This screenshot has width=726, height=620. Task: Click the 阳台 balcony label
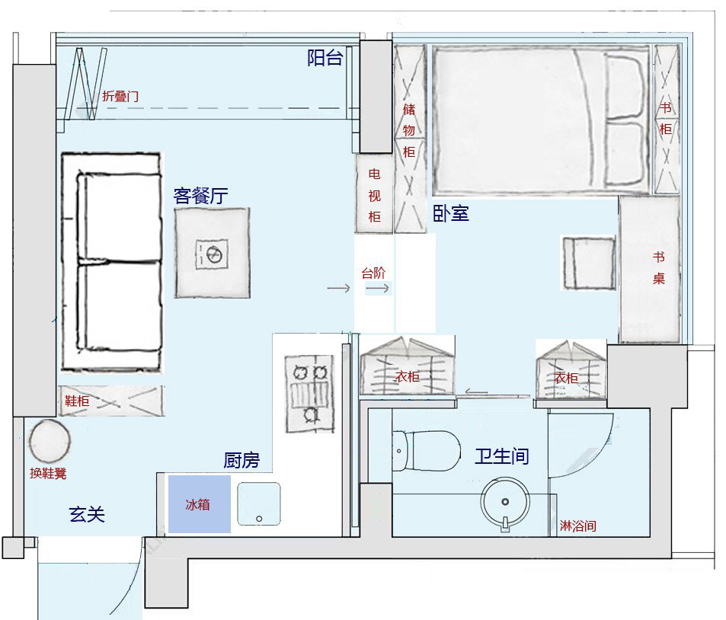pyautogui.click(x=325, y=58)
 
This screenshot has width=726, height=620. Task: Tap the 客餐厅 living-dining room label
pyautogui.click(x=200, y=196)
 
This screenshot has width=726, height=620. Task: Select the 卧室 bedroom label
pyautogui.click(x=451, y=213)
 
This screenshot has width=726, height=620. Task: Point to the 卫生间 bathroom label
pyautogui.click(x=502, y=456)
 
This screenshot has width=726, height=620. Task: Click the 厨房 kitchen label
pyautogui.click(x=241, y=460)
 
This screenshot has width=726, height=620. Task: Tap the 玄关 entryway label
pyautogui.click(x=87, y=514)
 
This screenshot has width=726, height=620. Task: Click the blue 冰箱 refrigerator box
pyautogui.click(x=199, y=504)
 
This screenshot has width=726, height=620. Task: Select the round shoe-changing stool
pyautogui.click(x=50, y=440)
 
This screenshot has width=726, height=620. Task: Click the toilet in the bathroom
pyautogui.click(x=427, y=451)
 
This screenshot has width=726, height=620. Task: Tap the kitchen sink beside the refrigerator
pyautogui.click(x=259, y=503)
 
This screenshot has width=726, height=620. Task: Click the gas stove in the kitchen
pyautogui.click(x=309, y=394)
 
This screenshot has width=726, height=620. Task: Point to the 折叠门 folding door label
pyautogui.click(x=120, y=96)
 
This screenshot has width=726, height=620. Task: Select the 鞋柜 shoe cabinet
pyautogui.click(x=111, y=401)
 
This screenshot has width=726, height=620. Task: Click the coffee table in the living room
pyautogui.click(x=212, y=253)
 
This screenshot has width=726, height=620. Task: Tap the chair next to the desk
pyautogui.click(x=589, y=263)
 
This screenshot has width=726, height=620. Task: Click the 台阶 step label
pyautogui.click(x=373, y=273)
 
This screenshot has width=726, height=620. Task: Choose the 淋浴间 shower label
pyautogui.click(x=578, y=526)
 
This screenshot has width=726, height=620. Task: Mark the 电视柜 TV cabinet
pyautogui.click(x=374, y=193)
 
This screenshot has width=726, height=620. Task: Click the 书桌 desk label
pyautogui.click(x=659, y=267)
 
